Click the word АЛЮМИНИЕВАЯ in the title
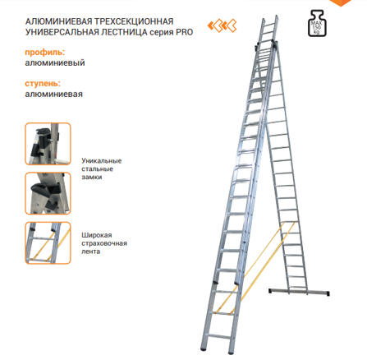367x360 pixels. point(58,21)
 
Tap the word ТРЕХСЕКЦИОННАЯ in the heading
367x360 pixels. point(134,21)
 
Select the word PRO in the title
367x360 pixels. point(184,32)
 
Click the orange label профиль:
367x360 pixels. point(45,52)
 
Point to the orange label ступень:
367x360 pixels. point(43,83)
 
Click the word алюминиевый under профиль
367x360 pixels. point(55,62)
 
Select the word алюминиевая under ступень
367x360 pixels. point(54,94)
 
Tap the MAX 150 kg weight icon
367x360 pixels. point(317,23)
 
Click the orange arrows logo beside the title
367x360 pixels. point(222,26)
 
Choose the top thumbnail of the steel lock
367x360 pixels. point(48,144)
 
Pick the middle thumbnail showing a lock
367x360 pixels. point(48,193)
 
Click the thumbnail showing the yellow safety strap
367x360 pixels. point(48,243)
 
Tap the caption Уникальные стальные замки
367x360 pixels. point(102,168)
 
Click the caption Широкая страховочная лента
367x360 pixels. point(104,243)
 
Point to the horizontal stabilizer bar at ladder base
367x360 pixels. point(299,292)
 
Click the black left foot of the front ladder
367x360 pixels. point(204,348)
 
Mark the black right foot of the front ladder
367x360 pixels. point(232,352)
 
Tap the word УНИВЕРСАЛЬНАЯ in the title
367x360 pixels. point(62,32)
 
